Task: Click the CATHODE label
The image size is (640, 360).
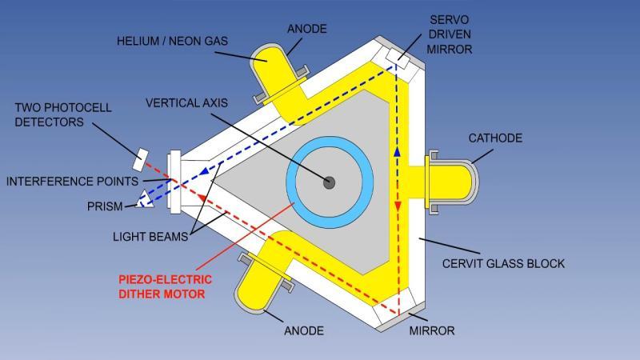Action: click(495, 138)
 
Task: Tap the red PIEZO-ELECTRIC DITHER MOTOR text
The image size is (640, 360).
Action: click(166, 286)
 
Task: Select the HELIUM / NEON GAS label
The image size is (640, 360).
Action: click(172, 41)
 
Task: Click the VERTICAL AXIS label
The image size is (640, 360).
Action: click(186, 102)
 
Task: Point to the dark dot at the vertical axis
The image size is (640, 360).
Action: click(329, 182)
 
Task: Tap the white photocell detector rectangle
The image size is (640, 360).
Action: click(140, 159)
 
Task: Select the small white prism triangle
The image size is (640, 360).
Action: click(145, 200)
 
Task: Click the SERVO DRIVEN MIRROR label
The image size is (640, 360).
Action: click(450, 34)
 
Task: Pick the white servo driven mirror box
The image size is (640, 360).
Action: click(398, 58)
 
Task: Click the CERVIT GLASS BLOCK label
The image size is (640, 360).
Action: click(503, 263)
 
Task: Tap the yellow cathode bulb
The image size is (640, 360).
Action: click(451, 182)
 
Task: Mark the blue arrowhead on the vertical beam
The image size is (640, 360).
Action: click(397, 152)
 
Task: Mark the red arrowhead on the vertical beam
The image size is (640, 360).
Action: click(397, 206)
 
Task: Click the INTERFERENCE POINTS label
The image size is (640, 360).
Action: click(72, 182)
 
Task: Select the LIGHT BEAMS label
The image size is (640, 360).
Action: click(150, 236)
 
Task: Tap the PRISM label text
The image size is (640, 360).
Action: click(105, 206)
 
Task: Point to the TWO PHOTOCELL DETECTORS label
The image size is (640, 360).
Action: click(63, 114)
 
